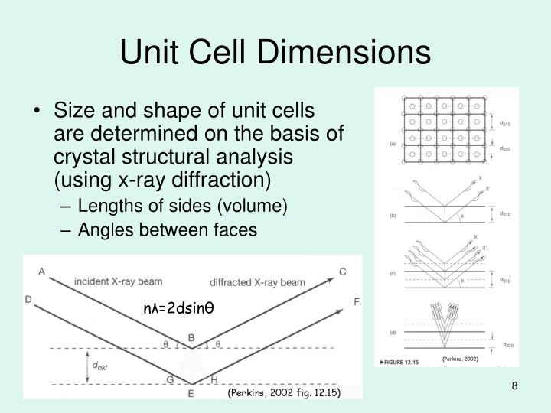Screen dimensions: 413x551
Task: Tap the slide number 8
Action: point(516,385)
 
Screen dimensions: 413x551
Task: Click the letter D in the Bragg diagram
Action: point(28,300)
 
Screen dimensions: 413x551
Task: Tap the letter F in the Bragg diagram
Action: point(356,303)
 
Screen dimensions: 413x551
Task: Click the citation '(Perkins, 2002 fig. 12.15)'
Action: point(283,393)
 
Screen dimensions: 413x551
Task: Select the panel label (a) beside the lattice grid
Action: point(392,141)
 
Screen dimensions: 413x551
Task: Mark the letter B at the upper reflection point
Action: point(191,337)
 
